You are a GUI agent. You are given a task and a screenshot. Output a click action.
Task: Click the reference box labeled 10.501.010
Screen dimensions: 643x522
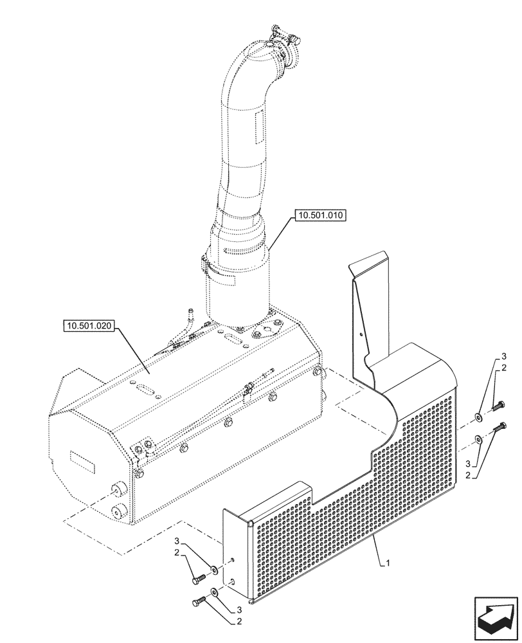click(320, 216)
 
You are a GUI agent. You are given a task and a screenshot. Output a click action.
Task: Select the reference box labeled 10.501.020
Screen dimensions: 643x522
click(89, 327)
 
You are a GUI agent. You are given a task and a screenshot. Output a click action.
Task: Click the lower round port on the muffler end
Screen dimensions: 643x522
click(118, 512)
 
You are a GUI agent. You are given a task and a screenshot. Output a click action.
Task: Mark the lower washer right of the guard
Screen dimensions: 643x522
click(480, 440)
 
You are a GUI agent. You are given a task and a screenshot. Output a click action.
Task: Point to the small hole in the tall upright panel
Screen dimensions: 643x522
click(361, 334)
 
